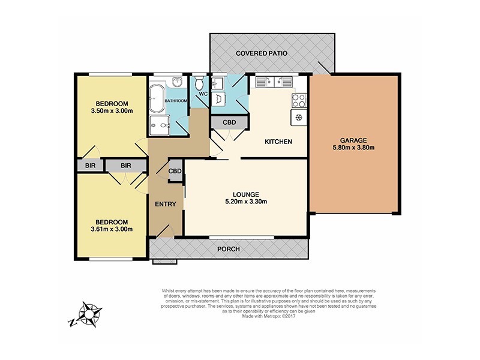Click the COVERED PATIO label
[x=261, y=53]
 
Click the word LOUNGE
[x=246, y=194]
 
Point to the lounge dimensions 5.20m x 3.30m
[x=246, y=202]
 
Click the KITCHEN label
[x=279, y=142]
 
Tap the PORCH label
[x=229, y=249]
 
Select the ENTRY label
[x=165, y=204]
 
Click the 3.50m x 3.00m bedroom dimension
[x=111, y=110]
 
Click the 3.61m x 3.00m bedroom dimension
[x=111, y=229]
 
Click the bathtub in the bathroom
[x=155, y=100]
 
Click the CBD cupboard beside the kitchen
[x=229, y=122]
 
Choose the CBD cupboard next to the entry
[x=175, y=171]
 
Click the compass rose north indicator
[x=91, y=313]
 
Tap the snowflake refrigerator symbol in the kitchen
[x=298, y=118]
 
